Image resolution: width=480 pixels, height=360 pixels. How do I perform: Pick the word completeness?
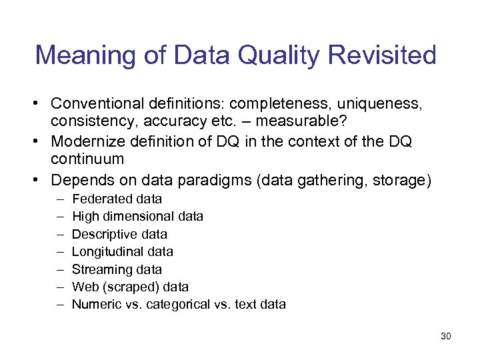281,104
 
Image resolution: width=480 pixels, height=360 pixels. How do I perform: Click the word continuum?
87,160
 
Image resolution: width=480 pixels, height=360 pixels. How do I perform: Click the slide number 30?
446,336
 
